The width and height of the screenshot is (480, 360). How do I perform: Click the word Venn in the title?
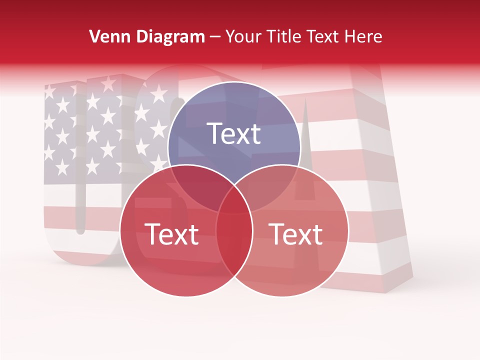tap(105, 36)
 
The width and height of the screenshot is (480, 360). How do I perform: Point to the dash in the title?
tap(215, 37)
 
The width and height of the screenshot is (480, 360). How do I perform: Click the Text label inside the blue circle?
tap(234, 133)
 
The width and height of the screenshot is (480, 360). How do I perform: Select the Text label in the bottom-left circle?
tap(171, 234)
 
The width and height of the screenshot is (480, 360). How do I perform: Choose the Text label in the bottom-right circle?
tap(296, 234)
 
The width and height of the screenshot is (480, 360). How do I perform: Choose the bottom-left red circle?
tap(155, 265)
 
